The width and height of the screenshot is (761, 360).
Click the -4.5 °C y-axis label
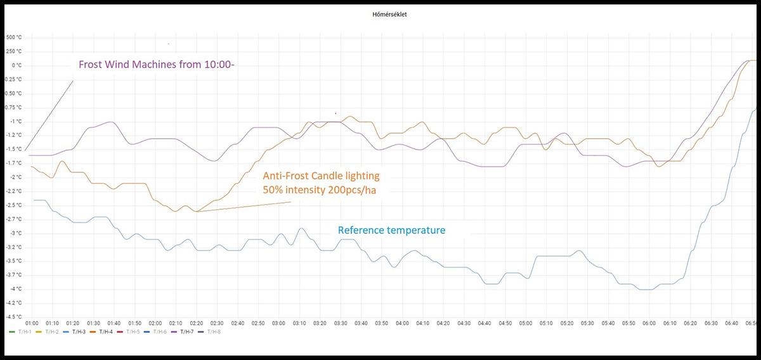pyautogui.click(x=14, y=317)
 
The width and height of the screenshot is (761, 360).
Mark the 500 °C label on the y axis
pyautogui.click(x=14, y=37)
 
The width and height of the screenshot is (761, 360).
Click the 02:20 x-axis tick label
pyautogui.click(x=197, y=323)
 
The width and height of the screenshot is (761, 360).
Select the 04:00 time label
pyautogui.click(x=402, y=323)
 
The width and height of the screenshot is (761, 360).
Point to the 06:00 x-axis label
pyautogui.click(x=649, y=323)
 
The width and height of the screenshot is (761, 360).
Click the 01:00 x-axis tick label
pyautogui.click(x=32, y=323)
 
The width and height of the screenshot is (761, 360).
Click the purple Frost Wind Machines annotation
pyautogui.click(x=157, y=64)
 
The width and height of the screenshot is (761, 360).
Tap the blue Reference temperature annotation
pyautogui.click(x=391, y=230)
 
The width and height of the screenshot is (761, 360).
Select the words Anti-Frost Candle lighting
pyautogui.click(x=321, y=176)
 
